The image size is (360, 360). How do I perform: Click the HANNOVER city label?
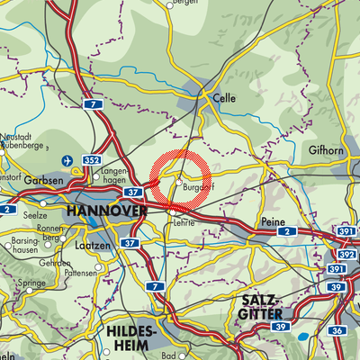105,211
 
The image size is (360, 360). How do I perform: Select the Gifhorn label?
326,149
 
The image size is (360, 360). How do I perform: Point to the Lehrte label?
184,220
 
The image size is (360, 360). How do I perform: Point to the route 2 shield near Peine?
286,232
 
